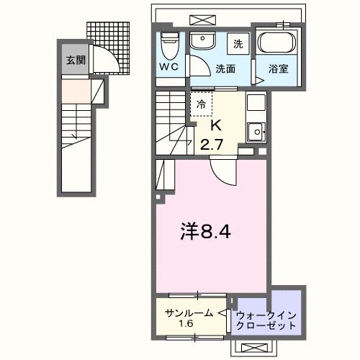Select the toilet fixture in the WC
tap(169, 45)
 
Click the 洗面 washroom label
tap(225, 71)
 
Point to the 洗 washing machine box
tap(238, 44)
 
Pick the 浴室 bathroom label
tap(279, 71)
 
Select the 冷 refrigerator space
tap(202, 104)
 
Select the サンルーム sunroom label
tap(189, 312)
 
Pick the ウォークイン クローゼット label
tap(266, 320)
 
